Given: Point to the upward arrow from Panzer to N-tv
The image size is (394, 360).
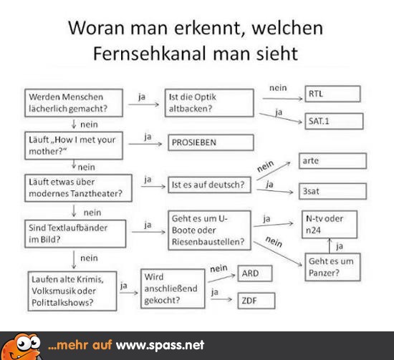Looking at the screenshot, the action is (330, 245).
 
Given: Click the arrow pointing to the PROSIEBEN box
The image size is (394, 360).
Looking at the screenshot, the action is (145, 144).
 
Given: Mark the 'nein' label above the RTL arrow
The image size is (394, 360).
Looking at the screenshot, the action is (278, 88).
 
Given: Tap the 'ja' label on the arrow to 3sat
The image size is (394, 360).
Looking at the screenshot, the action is (269, 185).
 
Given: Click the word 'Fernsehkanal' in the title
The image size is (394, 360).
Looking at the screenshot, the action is (150, 54).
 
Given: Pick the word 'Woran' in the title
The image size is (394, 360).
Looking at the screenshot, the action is (96, 28).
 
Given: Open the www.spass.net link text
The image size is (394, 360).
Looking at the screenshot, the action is (160, 345).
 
